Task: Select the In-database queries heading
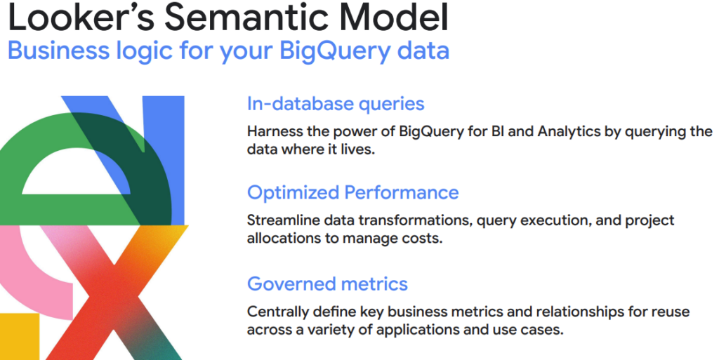pos(336,104)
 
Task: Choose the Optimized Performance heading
pos(353,193)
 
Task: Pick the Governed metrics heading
pos(327,284)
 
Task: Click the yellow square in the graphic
pos(19,337)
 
